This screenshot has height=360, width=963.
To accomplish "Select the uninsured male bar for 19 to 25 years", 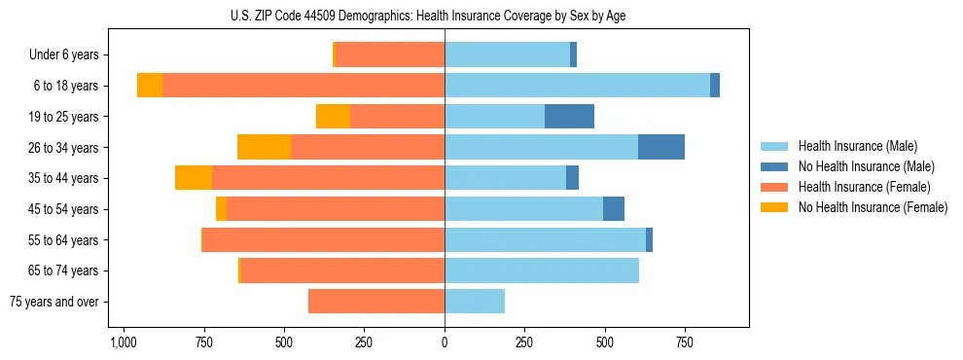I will click(569, 117).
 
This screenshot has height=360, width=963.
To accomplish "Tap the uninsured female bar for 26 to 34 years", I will click(264, 147).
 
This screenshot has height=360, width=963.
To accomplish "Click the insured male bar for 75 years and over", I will click(475, 302).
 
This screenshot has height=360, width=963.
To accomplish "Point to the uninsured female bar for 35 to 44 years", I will click(194, 178).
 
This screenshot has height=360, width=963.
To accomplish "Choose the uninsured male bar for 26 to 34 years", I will click(661, 147).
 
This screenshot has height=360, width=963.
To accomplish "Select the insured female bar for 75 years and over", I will click(376, 302).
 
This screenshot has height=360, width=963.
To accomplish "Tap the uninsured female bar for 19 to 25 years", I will click(333, 117).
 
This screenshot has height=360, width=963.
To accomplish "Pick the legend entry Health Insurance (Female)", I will click(864, 187).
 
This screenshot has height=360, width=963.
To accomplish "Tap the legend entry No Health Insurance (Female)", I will click(873, 207).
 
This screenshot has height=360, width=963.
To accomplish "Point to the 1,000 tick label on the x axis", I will click(123, 342).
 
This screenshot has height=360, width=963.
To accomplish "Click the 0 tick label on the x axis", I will click(445, 342).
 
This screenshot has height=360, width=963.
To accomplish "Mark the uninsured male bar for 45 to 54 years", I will click(614, 209).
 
